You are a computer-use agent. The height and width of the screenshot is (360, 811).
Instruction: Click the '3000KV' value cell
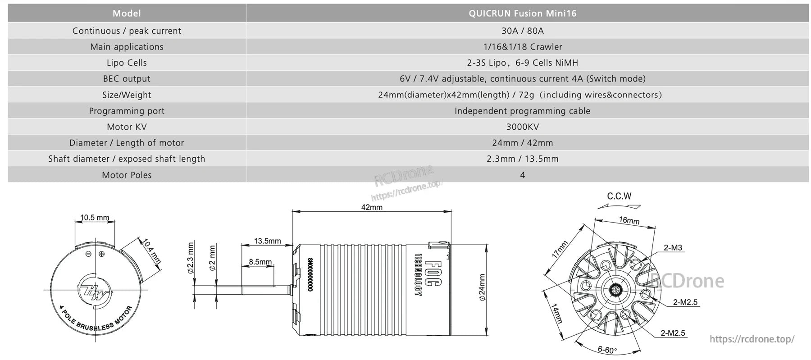(522, 127)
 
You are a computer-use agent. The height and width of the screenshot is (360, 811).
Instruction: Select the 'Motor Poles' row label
(127, 175)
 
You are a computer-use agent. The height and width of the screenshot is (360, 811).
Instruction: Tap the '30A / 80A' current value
(522, 31)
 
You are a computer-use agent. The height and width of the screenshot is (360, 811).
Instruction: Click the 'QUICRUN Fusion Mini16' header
(522, 13)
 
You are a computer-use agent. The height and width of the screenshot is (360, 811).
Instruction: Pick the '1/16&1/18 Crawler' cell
(522, 47)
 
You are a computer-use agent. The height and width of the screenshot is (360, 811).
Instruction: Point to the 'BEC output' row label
(127, 79)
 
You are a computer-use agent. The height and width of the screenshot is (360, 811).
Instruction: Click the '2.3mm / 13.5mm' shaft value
(522, 159)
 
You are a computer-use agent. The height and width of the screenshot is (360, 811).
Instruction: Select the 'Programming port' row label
(127, 111)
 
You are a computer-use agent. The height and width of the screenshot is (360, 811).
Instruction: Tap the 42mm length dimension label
(372, 207)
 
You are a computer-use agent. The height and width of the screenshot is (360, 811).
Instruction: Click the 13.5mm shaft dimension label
(267, 241)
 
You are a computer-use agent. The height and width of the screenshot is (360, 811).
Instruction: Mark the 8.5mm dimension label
(260, 262)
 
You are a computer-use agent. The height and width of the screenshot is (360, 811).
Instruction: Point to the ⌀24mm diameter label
(482, 287)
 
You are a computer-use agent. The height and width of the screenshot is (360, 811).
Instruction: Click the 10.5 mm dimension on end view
(95, 218)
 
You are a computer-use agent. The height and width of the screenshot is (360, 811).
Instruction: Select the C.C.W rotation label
(619, 196)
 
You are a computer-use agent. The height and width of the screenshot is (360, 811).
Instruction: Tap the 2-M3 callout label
(673, 248)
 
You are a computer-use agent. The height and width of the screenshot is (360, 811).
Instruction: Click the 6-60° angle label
(607, 350)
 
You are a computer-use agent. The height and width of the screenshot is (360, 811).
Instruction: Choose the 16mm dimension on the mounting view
(629, 220)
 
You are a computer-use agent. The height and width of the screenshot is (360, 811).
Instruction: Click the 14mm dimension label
(557, 313)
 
